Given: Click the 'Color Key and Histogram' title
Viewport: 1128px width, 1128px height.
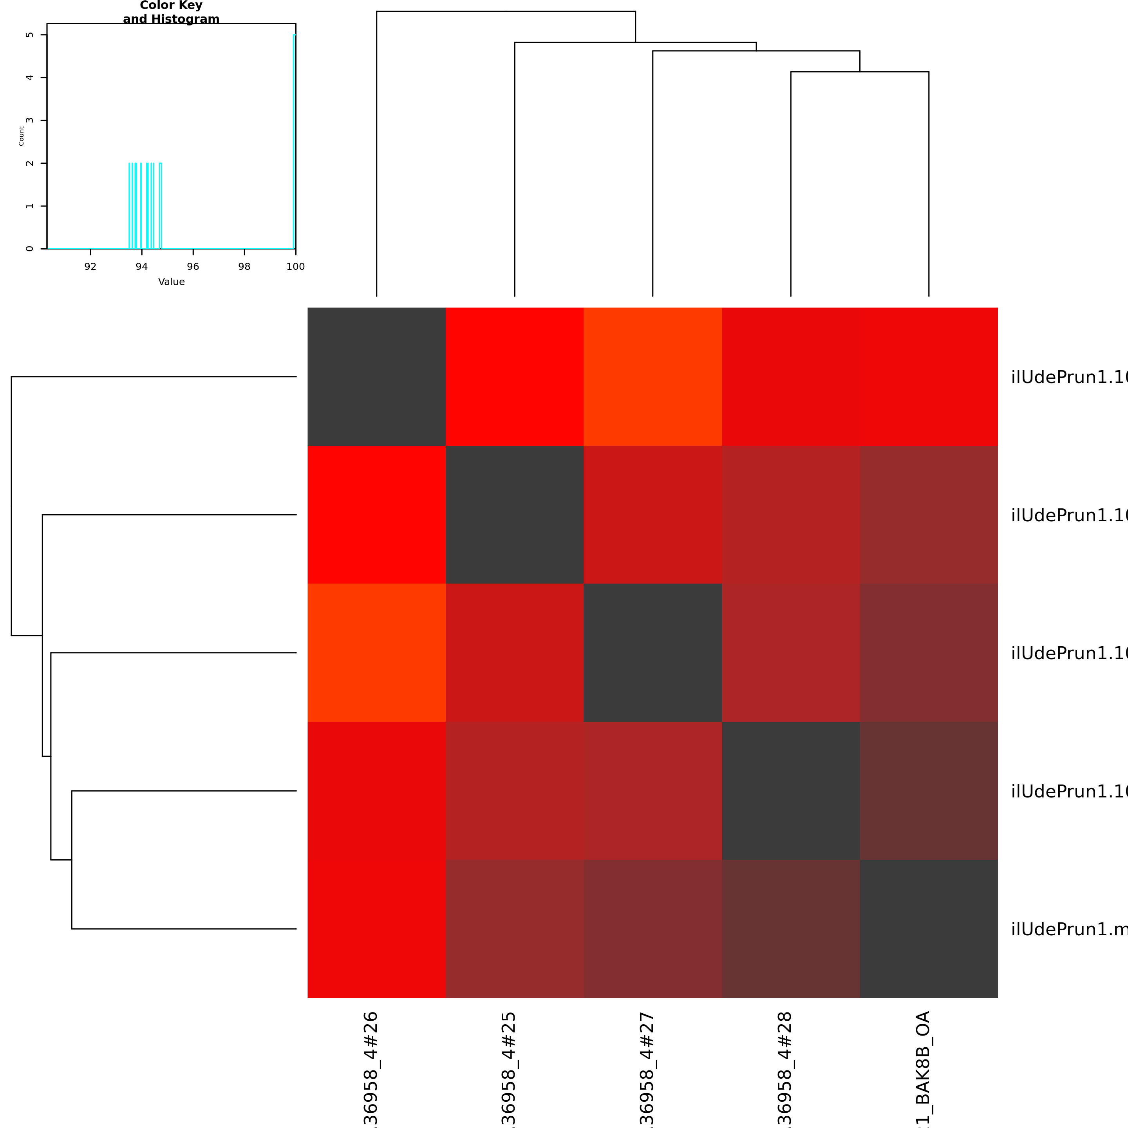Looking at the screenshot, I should click(x=171, y=12).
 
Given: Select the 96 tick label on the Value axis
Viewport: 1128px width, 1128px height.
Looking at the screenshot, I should click(x=193, y=266).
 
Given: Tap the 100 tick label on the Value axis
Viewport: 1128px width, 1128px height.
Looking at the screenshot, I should click(x=295, y=266).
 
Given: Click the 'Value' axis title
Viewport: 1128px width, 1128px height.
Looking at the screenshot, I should click(x=171, y=282).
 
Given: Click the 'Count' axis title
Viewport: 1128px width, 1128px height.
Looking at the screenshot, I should click(x=22, y=136).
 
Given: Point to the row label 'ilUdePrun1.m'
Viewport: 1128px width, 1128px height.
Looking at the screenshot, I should click(x=1068, y=929).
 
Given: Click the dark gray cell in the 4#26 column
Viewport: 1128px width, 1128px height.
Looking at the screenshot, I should click(x=376, y=376).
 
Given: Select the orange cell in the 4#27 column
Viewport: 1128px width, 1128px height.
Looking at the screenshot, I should click(x=653, y=376).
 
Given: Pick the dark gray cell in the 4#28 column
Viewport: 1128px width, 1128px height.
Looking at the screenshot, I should click(x=790, y=790).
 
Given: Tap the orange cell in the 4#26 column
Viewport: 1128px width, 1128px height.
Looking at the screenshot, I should click(x=376, y=653).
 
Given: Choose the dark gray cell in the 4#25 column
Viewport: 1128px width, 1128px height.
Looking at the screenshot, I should click(x=514, y=514).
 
